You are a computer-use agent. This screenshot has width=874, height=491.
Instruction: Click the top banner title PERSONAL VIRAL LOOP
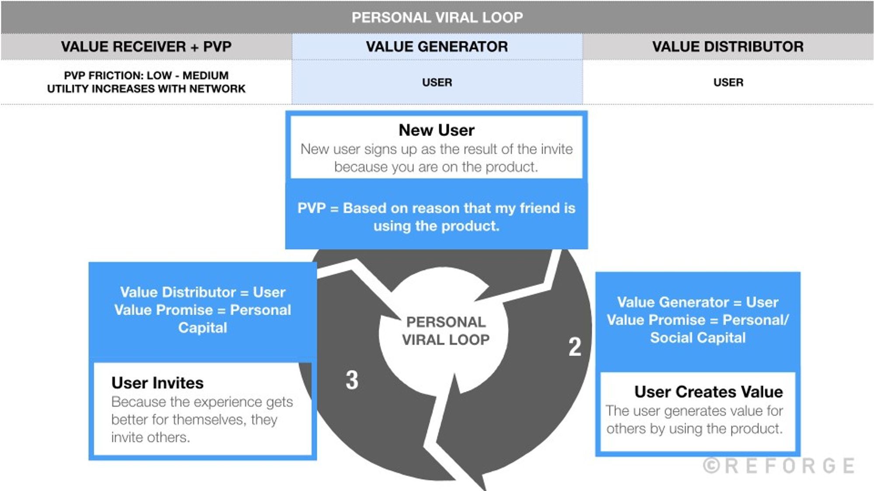coord(437,17)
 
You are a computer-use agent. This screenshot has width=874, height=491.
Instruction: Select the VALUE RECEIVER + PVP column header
coord(146,47)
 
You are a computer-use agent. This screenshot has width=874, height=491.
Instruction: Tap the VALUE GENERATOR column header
coord(437,47)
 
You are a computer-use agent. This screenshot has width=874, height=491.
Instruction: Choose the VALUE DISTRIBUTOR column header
coord(728,47)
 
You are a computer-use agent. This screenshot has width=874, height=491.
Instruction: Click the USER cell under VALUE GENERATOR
coord(437,82)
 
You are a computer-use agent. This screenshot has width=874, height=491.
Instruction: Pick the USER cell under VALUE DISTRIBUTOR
coord(728,82)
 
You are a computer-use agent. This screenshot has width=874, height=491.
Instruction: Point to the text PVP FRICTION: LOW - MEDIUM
coord(146,76)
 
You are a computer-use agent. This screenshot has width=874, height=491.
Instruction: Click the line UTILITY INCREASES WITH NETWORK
coord(146,89)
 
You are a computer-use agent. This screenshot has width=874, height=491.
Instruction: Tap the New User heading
coord(437,130)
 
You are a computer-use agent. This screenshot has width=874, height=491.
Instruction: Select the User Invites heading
coord(157,383)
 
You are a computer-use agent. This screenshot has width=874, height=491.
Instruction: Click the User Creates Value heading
coord(708,392)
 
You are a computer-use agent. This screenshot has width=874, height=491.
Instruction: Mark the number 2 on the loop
coord(575,347)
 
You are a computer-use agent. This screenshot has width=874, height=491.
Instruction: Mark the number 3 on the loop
coord(352,380)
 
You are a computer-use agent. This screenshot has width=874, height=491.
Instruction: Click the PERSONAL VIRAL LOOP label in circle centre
coord(446,331)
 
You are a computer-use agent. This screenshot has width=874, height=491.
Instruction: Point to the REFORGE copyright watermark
coord(779,466)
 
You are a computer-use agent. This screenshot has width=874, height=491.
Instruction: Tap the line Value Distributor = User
coord(203,292)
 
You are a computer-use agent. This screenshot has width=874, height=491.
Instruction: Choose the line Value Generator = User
coord(698,302)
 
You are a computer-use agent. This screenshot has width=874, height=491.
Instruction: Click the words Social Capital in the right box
coord(698,338)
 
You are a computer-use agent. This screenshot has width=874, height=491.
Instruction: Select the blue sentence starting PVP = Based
coord(437,217)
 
